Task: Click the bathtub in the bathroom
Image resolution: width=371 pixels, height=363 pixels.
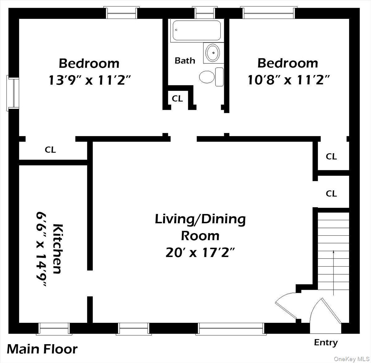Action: pos(197,30)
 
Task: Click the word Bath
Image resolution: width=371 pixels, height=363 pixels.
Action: pos(185,61)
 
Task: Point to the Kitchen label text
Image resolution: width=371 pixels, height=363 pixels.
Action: pos(58,249)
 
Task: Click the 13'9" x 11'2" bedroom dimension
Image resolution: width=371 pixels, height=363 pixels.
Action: pos(89,80)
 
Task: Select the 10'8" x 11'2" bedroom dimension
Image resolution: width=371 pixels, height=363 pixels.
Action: pos(288,80)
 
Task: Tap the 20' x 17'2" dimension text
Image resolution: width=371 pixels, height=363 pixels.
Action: pos(200,253)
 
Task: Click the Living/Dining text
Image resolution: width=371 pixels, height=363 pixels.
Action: pos(200,219)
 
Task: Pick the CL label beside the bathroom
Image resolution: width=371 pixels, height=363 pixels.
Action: pos(177,99)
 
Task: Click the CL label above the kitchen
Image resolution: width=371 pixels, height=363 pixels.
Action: pos(50,150)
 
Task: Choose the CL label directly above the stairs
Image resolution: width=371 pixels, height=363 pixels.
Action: pos(331,194)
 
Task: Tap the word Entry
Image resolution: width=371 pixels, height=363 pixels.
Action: pos(326,343)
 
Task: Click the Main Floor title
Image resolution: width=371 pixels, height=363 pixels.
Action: pos(42,349)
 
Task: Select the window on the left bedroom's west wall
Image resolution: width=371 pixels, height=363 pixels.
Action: pos(13,92)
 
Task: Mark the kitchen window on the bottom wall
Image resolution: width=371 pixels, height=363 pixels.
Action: pos(54,329)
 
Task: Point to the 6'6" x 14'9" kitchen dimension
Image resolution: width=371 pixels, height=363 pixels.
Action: pos(41,249)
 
